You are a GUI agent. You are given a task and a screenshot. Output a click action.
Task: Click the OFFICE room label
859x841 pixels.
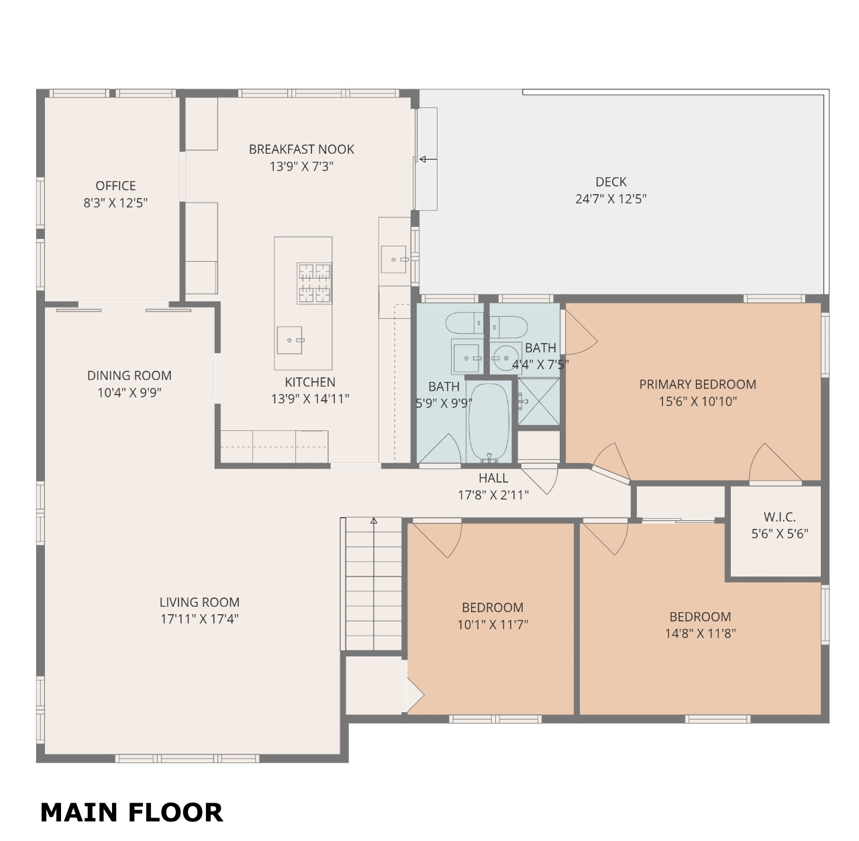click(x=115, y=185)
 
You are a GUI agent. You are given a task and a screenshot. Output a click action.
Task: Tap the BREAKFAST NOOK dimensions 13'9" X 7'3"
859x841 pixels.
click(x=301, y=166)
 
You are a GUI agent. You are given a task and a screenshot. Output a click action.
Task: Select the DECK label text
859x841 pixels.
click(x=611, y=182)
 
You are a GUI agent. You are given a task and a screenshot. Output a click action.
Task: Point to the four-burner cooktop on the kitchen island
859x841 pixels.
click(x=314, y=283)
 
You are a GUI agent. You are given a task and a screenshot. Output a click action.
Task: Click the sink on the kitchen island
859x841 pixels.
click(x=290, y=340)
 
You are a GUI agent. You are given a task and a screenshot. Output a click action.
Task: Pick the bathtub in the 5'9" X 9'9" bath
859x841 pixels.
click(x=489, y=422)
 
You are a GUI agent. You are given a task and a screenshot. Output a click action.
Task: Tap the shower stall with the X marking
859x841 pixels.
click(x=539, y=401)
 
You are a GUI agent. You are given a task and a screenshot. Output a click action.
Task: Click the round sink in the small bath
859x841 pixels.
click(x=506, y=358)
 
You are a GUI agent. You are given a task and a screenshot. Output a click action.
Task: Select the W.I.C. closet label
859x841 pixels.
click(x=779, y=517)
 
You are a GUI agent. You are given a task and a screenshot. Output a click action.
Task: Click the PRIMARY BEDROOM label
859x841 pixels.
click(x=698, y=385)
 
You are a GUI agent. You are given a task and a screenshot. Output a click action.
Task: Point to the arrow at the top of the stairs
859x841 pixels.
click(x=374, y=520)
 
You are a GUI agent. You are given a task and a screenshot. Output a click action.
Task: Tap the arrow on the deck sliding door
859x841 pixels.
click(x=428, y=159)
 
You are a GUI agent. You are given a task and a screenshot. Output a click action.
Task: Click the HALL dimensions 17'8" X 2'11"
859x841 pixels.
click(x=493, y=495)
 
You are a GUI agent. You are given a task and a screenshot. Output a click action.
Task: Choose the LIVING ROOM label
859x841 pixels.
click(x=199, y=603)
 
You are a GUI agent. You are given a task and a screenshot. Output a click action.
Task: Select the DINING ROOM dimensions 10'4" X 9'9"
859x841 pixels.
click(x=130, y=393)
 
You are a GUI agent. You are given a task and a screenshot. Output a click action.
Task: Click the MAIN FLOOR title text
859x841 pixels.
click(x=132, y=812)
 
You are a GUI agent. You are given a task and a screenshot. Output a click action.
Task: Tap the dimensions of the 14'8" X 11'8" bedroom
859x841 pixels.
click(x=700, y=634)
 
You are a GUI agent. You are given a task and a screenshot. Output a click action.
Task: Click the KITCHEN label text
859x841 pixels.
click(x=310, y=382)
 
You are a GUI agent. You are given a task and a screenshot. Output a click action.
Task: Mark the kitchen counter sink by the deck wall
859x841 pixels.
click(x=394, y=259)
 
